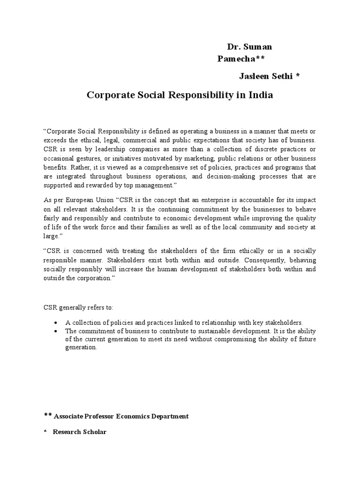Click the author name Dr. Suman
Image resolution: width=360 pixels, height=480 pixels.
[249, 47]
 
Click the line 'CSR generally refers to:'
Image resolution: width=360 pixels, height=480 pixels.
[75, 307]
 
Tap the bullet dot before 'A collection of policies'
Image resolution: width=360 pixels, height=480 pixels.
[56, 323]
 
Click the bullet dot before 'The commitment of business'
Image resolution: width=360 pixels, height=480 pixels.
[56, 331]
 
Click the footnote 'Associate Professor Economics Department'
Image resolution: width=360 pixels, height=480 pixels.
[121, 416]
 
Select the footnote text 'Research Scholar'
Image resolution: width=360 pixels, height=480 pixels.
[79, 432]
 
